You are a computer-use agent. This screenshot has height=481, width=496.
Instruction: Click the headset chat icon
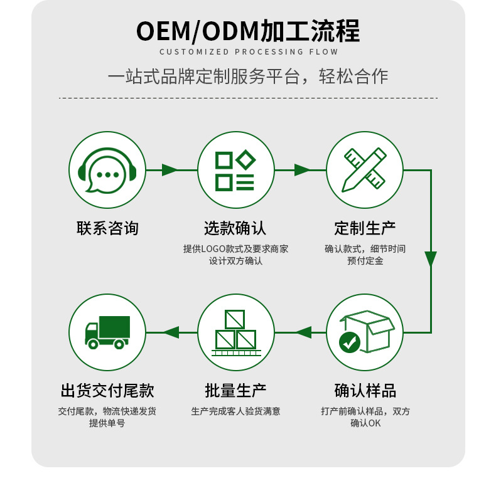click(107, 169)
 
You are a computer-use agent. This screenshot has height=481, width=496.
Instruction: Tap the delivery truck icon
click(107, 332)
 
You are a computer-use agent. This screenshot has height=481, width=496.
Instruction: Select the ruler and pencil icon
click(365, 169)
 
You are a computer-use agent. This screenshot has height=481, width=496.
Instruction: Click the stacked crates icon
click(235, 332)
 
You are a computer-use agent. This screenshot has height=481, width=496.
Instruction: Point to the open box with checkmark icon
click(365, 332)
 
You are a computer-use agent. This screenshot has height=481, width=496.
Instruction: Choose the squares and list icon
click(235, 169)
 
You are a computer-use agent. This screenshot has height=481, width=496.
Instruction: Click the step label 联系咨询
click(107, 228)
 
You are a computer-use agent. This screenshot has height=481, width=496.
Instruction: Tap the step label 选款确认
click(235, 228)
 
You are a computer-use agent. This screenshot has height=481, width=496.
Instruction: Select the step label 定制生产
click(365, 228)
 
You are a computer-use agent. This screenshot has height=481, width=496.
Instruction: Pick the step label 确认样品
click(365, 391)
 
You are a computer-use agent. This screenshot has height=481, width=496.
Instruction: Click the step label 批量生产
click(235, 391)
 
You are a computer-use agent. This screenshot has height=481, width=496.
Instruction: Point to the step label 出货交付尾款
click(107, 391)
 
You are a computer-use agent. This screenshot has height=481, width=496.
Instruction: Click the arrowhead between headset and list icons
click(170, 169)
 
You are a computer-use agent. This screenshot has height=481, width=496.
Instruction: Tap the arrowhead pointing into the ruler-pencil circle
click(302, 169)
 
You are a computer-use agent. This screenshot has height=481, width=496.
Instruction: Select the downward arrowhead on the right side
click(431, 259)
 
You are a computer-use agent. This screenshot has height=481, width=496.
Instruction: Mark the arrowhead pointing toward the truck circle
click(171, 332)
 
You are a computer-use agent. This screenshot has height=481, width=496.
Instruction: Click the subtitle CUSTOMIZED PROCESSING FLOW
click(249, 52)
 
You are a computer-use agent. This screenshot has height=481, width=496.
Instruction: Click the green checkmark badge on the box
click(349, 342)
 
